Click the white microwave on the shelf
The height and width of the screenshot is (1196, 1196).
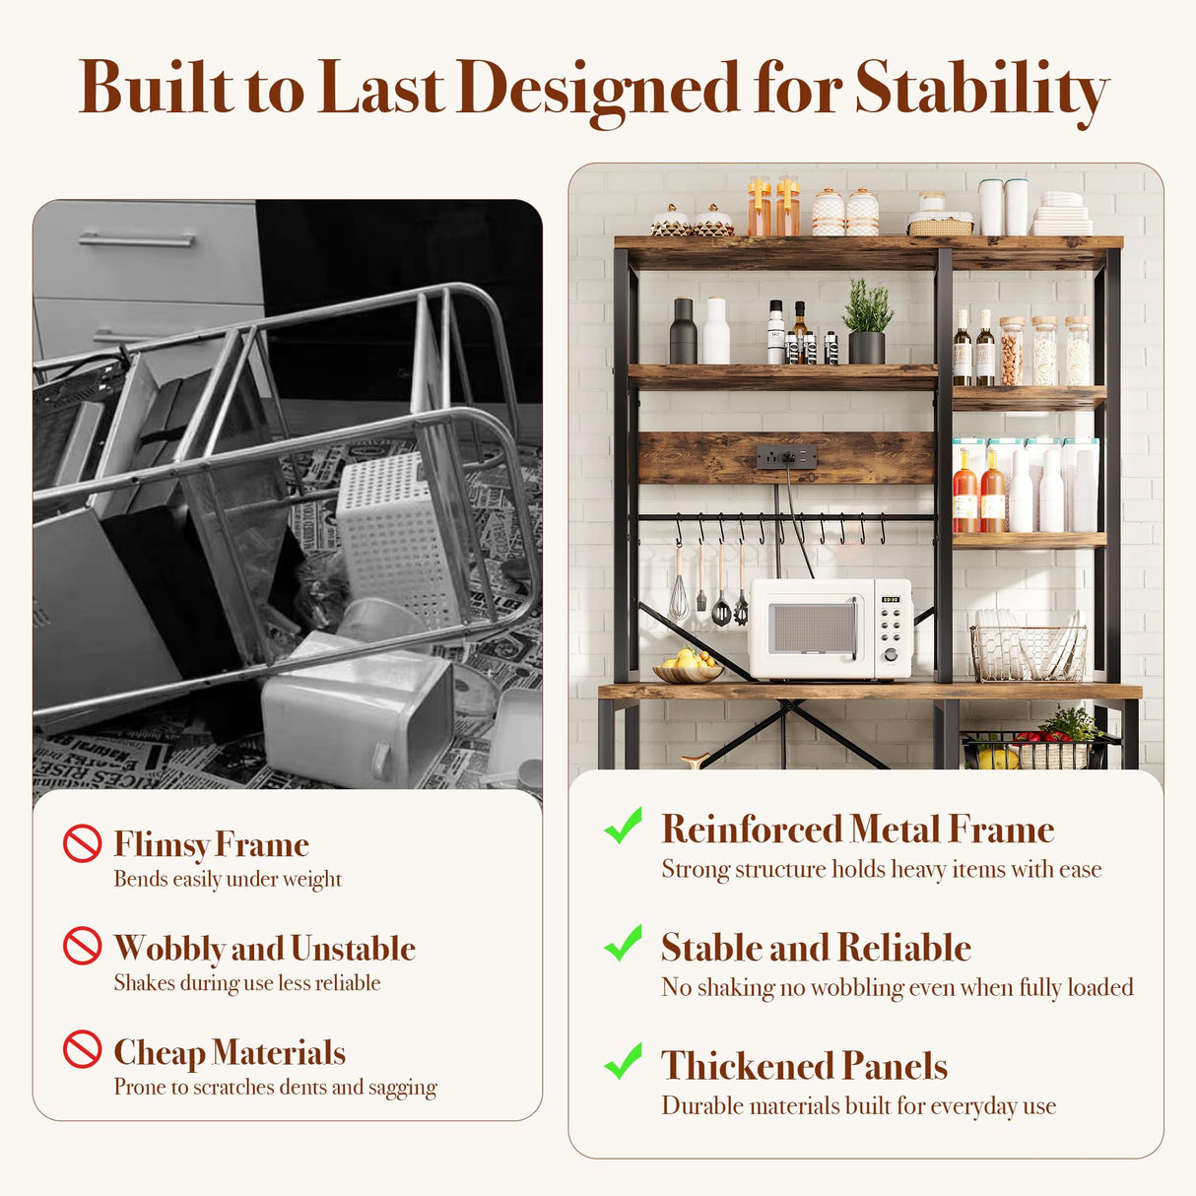[830, 629]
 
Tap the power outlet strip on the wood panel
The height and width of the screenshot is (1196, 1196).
[786, 457]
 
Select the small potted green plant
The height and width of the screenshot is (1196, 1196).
[867, 320]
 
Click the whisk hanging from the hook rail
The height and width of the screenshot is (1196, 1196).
[679, 592]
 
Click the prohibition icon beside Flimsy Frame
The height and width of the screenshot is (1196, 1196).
[83, 843]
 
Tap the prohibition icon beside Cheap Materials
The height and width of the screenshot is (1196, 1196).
[83, 1050]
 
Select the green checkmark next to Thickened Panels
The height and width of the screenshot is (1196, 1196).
[624, 1062]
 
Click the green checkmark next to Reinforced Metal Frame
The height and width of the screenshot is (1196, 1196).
[624, 826]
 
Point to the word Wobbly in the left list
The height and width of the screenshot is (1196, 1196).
[169, 948]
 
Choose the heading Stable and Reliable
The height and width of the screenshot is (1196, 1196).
[816, 948]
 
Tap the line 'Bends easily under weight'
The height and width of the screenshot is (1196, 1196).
[228, 879]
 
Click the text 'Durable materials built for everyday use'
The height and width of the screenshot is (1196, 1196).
[858, 1105]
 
